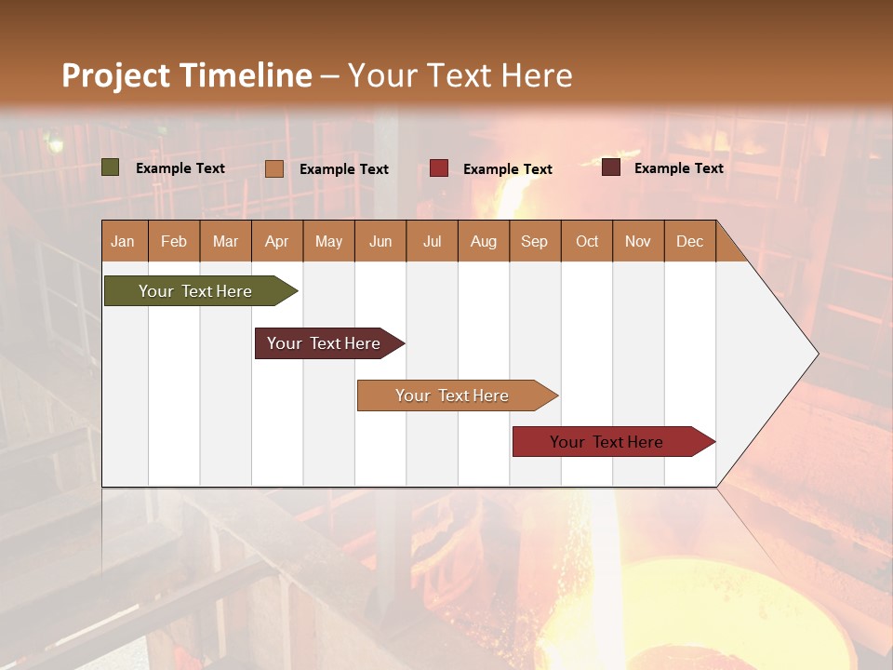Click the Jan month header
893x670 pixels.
point(124,241)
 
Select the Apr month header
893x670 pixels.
point(276,241)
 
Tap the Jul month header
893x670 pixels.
point(432,241)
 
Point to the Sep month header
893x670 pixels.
point(534,241)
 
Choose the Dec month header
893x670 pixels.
point(689,241)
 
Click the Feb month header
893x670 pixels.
point(174,241)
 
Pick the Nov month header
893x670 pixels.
point(637,241)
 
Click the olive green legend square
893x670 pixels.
point(110,167)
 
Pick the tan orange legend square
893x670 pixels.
point(273,168)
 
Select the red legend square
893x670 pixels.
point(439,168)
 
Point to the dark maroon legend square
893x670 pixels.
point(610,167)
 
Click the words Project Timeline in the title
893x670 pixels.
point(186,75)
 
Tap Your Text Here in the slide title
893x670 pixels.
point(460,75)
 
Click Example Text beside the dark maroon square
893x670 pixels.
point(678,168)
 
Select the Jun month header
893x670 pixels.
point(380,241)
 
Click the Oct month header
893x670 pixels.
point(586,241)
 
